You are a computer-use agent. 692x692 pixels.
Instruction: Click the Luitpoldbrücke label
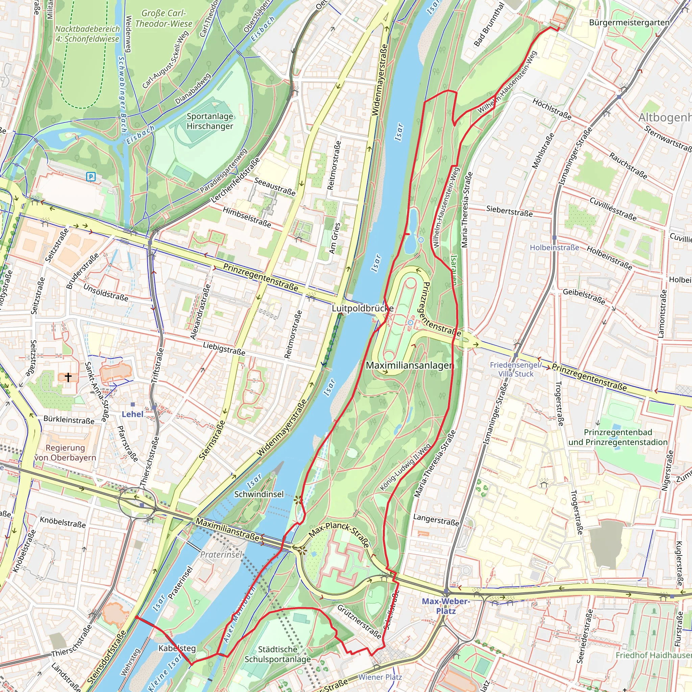tap(362, 308)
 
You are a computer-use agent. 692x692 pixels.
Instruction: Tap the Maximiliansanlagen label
tap(410, 365)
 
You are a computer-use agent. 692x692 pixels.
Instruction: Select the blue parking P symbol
tap(91, 176)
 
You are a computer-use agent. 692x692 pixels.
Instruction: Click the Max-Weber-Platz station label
tap(446, 606)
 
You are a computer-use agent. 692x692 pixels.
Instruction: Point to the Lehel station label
tap(132, 414)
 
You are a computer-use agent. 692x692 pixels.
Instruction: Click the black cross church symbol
tap(68, 377)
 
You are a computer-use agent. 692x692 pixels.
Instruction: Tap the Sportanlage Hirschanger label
tap(210, 121)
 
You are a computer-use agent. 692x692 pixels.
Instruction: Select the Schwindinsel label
tap(258, 494)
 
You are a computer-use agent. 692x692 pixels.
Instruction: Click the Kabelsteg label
tap(177, 648)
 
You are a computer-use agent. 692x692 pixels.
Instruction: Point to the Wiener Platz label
tap(380, 677)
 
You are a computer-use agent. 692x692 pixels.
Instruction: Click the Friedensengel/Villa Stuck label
tap(516, 369)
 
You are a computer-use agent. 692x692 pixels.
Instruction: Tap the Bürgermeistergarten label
tap(629, 23)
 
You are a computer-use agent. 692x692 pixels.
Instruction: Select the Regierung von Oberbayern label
tap(65, 452)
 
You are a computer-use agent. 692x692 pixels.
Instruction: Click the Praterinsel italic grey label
tap(221, 554)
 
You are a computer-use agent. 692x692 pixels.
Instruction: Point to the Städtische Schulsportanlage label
tap(278, 654)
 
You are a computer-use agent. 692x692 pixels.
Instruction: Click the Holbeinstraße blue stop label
tap(554, 247)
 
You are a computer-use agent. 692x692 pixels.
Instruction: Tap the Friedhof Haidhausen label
tap(653, 655)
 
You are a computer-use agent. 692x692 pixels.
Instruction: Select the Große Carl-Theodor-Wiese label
tap(164, 18)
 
